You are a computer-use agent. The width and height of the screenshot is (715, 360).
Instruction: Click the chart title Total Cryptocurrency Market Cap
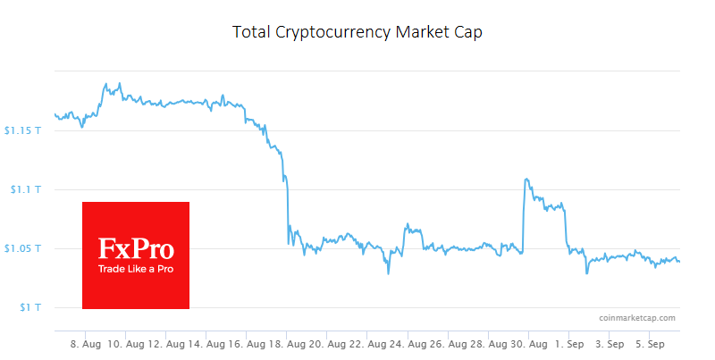click(357, 32)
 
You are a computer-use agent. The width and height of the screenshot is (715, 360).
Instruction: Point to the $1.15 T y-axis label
click(21, 130)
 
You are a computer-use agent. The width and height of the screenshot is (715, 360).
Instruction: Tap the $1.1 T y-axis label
click(25, 189)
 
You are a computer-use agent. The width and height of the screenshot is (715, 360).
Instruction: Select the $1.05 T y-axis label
click(21, 248)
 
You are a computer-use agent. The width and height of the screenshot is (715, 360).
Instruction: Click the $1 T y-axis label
click(29, 307)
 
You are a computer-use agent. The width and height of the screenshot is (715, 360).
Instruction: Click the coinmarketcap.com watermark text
click(637, 317)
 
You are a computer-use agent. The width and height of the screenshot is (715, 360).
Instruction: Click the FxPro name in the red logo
click(135, 249)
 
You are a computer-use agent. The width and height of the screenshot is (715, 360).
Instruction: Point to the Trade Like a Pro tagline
click(135, 268)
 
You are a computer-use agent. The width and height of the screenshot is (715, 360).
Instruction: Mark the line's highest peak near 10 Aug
click(106, 83)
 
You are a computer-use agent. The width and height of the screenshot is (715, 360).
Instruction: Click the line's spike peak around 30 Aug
click(526, 179)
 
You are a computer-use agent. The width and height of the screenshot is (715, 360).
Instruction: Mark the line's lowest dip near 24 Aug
click(388, 273)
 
